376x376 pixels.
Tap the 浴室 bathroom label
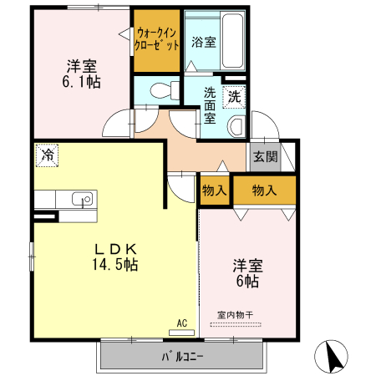pyautogui.click(x=203, y=41)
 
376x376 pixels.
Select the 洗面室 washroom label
pyautogui.click(x=211, y=105)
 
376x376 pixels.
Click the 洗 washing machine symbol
pyautogui.click(x=235, y=96)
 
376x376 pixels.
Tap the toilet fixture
pyautogui.click(x=161, y=89)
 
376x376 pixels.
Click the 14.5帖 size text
pyautogui.click(x=115, y=265)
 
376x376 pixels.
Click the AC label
pyautogui.click(x=181, y=322)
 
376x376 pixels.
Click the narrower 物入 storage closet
pyautogui.click(x=214, y=191)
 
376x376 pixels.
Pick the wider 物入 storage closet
pyautogui.click(x=264, y=191)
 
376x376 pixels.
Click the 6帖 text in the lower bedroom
pyautogui.click(x=248, y=282)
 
